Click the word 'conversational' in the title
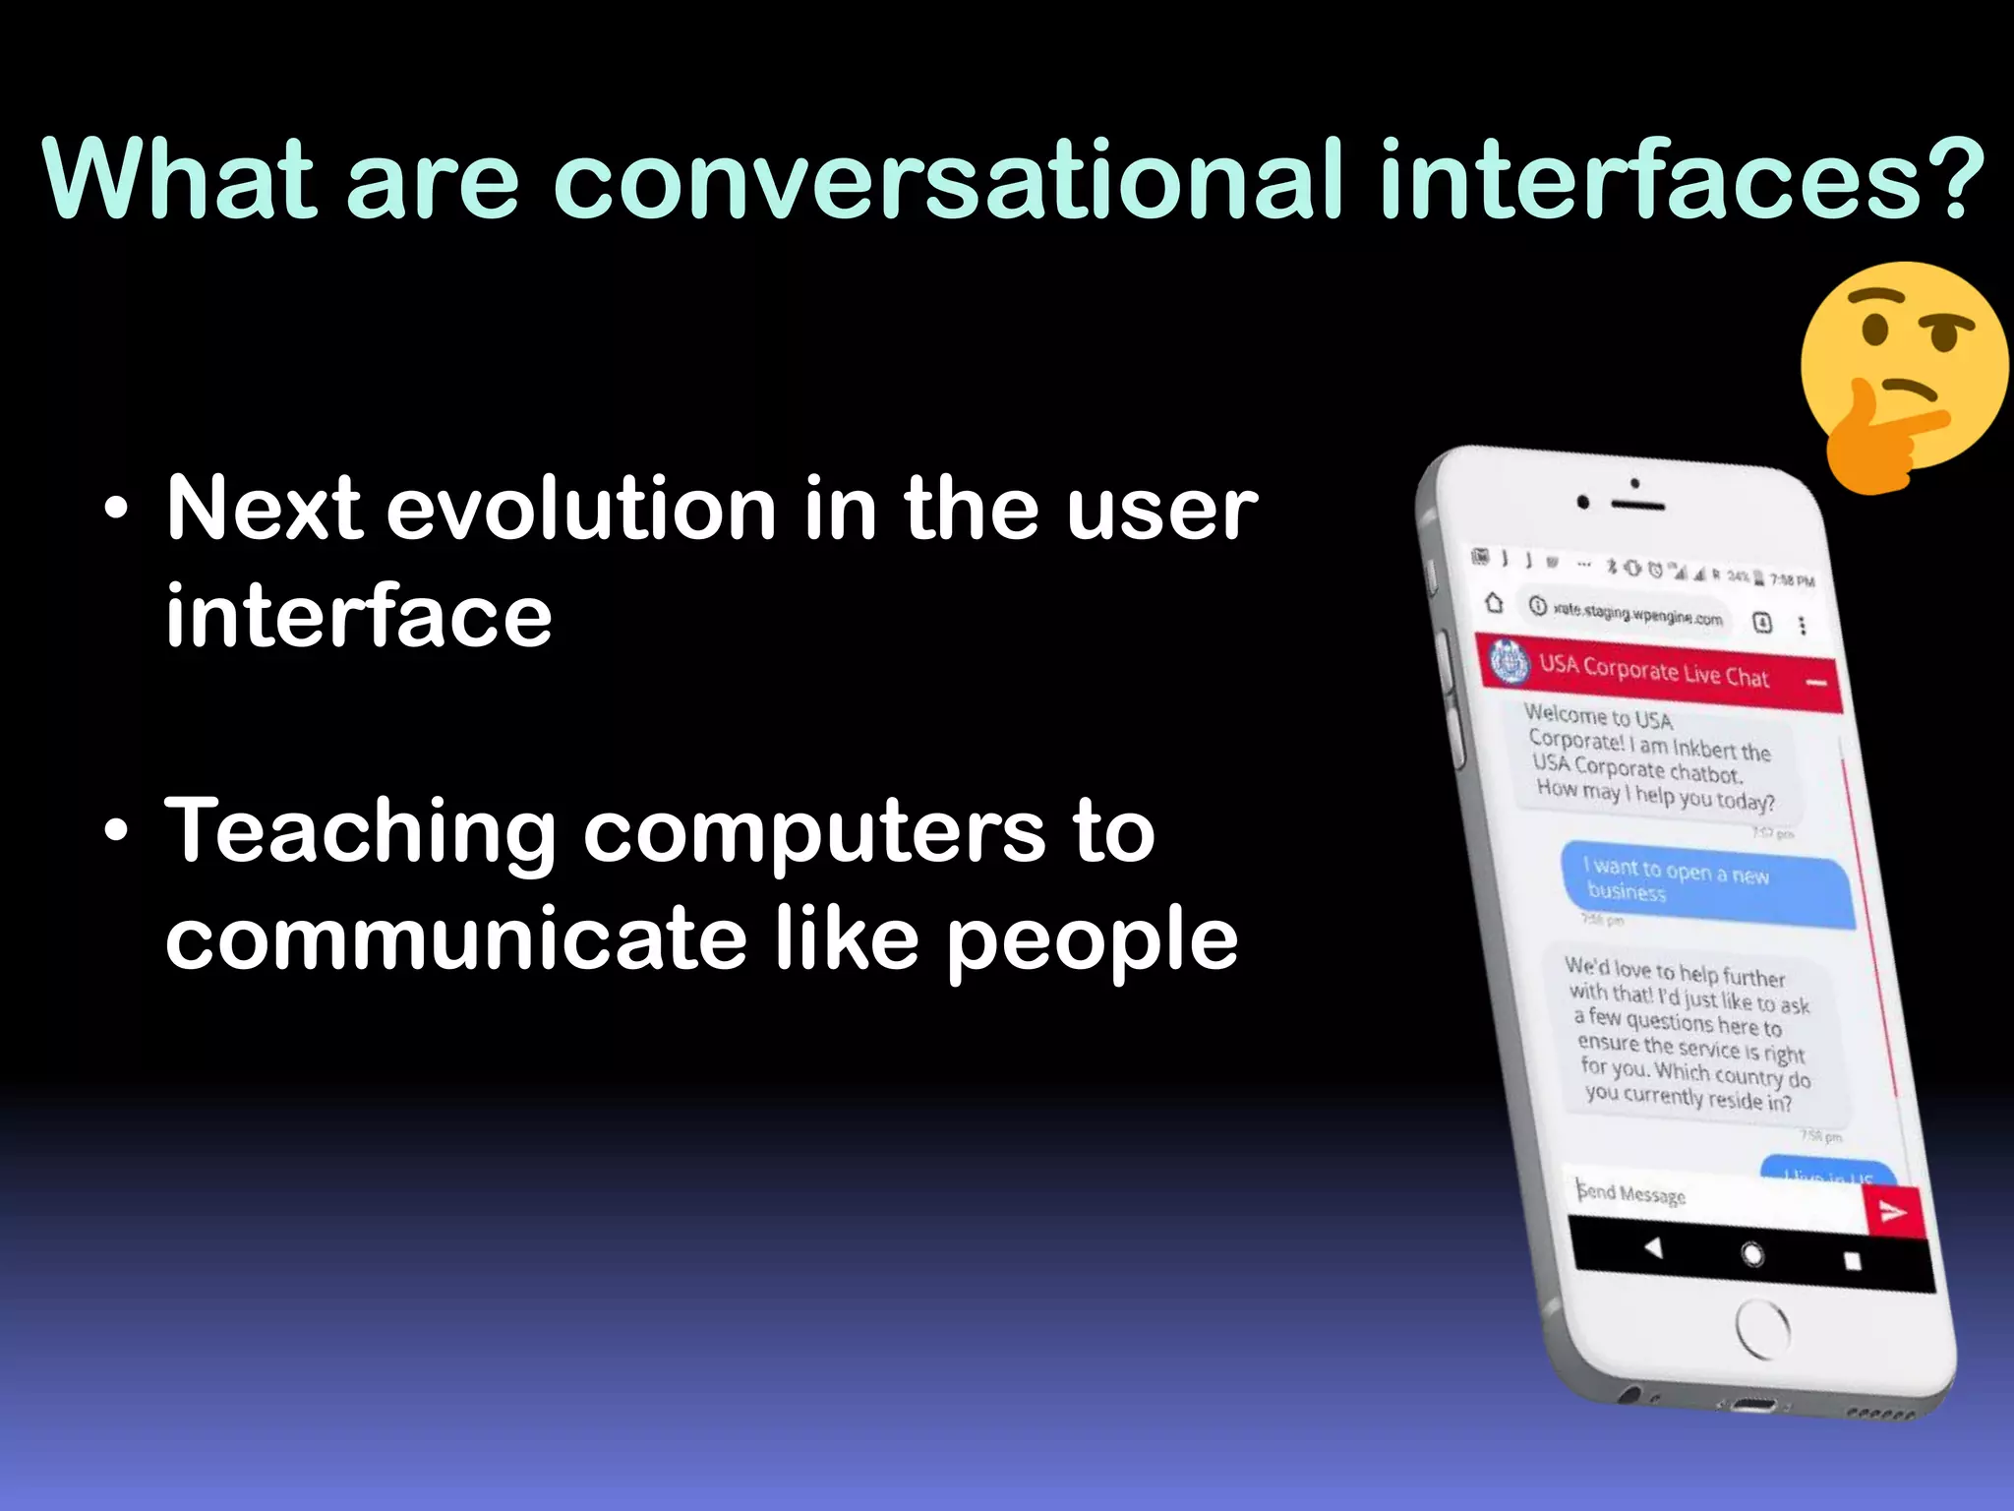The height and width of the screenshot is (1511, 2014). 947,179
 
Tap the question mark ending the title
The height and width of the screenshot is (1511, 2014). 1950,179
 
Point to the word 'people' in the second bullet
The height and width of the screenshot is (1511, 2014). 1092,942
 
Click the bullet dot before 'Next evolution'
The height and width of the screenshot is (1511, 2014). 116,511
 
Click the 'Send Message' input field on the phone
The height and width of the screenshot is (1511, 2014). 1711,1198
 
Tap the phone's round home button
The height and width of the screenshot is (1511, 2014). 1762,1330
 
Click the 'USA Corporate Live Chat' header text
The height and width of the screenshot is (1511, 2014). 1653,671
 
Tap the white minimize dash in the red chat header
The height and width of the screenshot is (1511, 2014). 1816,682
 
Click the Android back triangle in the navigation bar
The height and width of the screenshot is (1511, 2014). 1654,1248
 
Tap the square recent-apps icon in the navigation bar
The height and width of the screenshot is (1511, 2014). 1852,1261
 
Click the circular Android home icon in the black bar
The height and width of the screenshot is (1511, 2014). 1752,1254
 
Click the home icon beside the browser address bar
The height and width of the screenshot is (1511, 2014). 1494,602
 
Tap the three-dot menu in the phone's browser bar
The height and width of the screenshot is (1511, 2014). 1802,626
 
